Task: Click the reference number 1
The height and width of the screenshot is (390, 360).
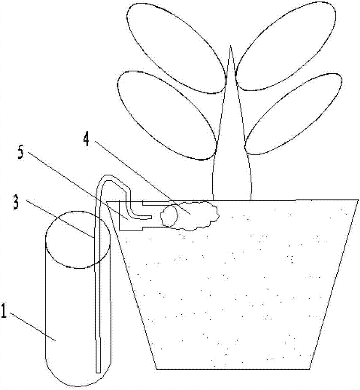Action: pos(4,310)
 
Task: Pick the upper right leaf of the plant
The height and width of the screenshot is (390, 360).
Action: pos(286,46)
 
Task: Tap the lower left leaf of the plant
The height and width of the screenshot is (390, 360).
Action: pos(166,115)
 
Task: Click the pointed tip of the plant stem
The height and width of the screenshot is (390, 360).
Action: pos(231,46)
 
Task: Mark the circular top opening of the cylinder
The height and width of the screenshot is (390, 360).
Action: pos(78,240)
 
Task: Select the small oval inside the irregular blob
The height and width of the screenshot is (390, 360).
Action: pos(169,215)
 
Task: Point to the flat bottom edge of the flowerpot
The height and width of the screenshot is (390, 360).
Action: pos(233,369)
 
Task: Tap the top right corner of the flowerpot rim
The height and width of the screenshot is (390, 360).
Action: pos(358,200)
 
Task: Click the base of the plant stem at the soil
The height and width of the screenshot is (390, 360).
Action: pos(232,200)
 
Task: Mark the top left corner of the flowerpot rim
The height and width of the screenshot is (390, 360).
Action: pos(107,201)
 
